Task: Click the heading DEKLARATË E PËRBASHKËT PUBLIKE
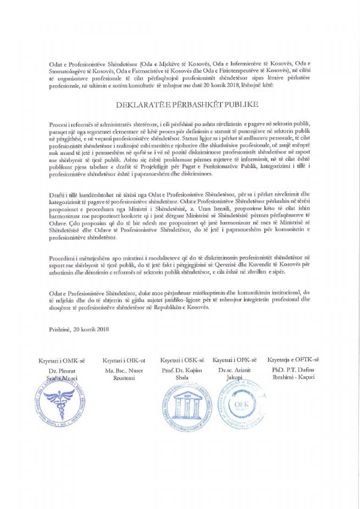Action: pos(180,105)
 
